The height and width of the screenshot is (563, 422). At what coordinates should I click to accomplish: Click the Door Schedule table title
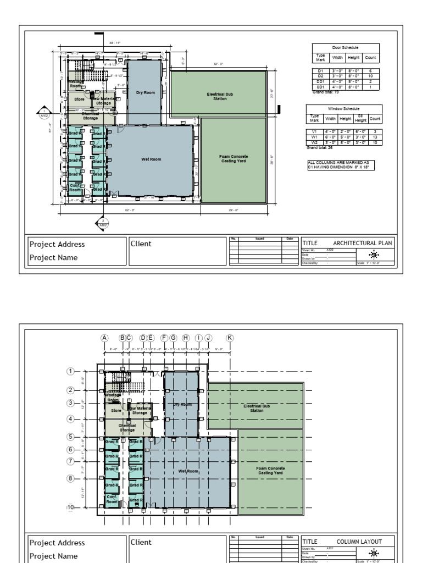coord(345,48)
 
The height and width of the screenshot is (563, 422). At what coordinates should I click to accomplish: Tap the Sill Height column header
coord(360,118)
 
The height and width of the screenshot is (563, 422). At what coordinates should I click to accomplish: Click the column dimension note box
coord(341,165)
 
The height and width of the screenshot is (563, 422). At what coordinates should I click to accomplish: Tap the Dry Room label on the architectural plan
coord(146,92)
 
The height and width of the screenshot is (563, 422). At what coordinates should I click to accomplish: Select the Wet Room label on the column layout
coord(188,471)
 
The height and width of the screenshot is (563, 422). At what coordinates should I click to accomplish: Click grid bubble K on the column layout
coord(230,338)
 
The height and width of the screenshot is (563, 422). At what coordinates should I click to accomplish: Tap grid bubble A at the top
coord(104,338)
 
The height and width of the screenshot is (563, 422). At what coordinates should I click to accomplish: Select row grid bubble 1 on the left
coord(70,371)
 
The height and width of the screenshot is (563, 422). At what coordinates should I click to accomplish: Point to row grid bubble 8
coord(70,478)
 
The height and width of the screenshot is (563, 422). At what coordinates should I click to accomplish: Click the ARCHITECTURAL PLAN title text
coord(362,242)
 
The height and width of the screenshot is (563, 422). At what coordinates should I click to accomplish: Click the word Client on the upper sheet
coord(141,244)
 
